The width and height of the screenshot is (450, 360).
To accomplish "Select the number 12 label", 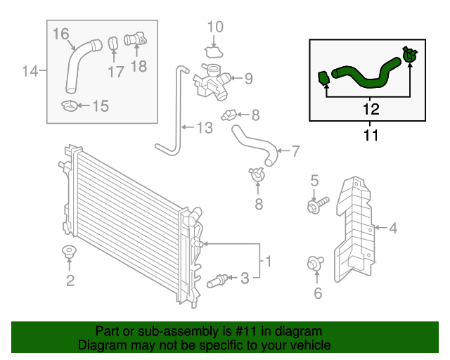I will point(371,109).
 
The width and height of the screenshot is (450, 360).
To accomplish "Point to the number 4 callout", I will point(393,227).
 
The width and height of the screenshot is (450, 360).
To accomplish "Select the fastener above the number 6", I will point(314,264).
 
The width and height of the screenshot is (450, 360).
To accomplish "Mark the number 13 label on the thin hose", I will point(203,128).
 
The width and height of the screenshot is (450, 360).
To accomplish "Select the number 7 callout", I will point(295,150).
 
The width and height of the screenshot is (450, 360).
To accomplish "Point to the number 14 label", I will point(30,71).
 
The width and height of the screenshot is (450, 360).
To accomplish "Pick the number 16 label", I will point(61,33).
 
